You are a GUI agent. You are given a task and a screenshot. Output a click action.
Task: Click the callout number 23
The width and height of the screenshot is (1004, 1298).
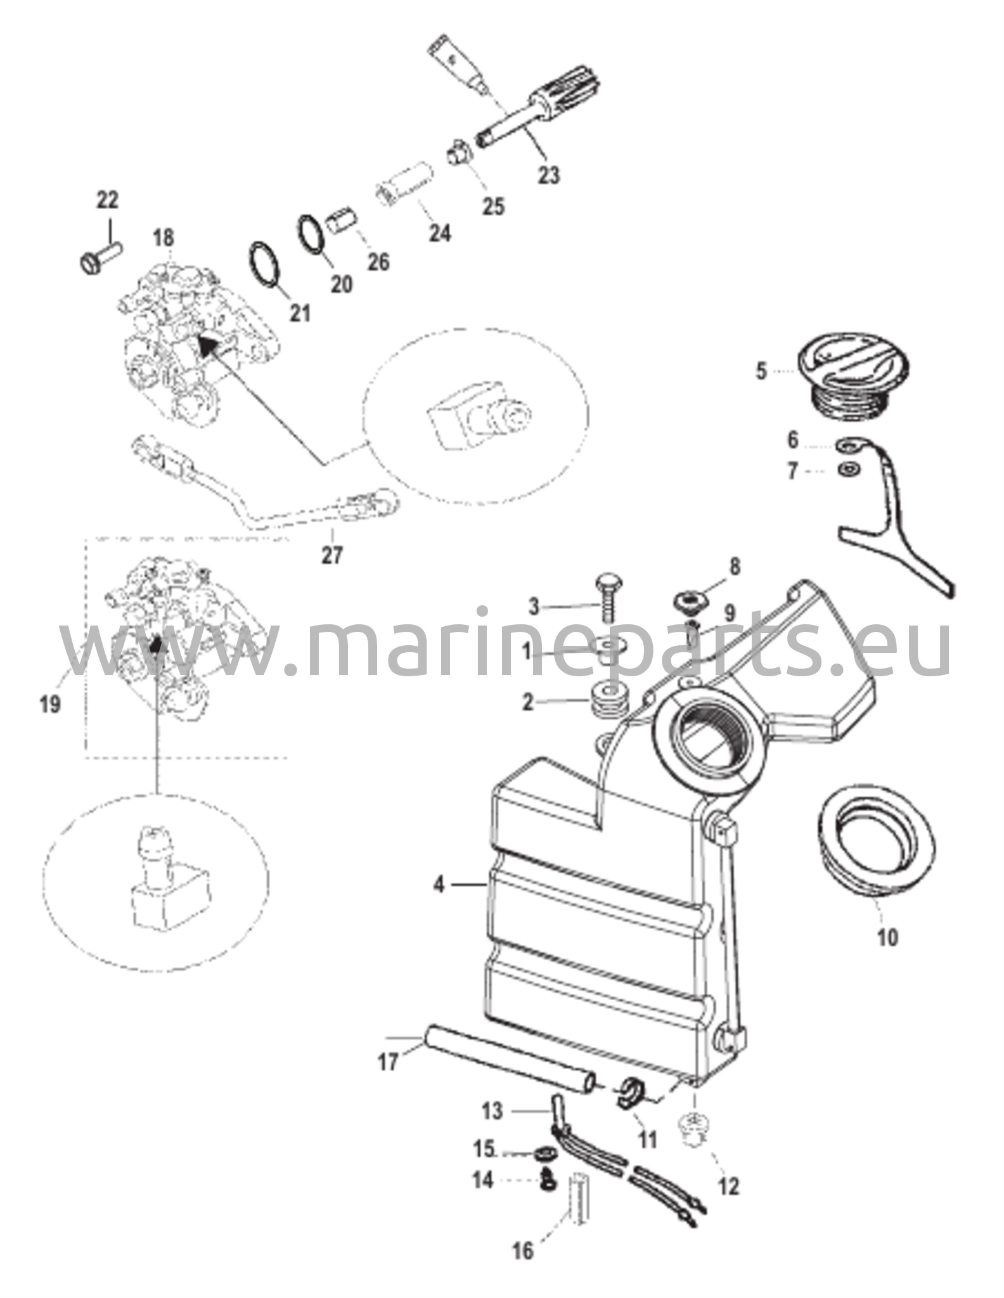pyautogui.click(x=549, y=174)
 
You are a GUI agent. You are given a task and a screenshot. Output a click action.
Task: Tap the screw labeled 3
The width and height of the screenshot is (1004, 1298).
pyautogui.click(x=607, y=598)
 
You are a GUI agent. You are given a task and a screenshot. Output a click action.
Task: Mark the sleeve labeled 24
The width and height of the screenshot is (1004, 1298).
pyautogui.click(x=403, y=190)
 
